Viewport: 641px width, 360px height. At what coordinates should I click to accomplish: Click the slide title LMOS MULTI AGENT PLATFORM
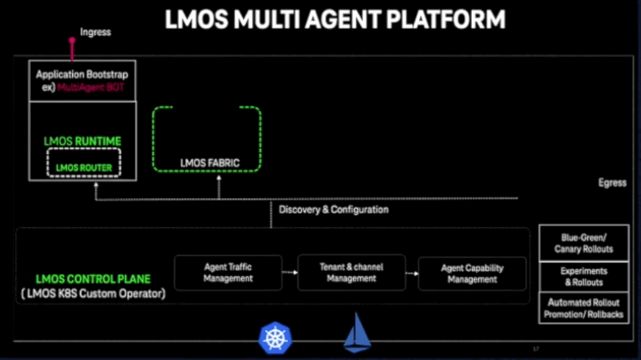335,18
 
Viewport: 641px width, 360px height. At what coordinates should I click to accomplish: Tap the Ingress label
95,32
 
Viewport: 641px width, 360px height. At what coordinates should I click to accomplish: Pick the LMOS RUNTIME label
82,141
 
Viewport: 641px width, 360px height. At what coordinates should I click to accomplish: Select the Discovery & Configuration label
334,209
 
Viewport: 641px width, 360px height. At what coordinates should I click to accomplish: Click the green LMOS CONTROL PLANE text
81,279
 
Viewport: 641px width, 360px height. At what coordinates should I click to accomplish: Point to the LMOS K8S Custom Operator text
91,293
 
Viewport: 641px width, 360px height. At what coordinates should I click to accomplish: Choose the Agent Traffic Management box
228,273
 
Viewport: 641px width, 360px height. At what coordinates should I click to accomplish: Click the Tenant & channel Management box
350,273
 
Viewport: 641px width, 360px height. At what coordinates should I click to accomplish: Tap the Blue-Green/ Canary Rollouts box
585,242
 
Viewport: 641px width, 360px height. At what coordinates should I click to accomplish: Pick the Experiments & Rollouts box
585,277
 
